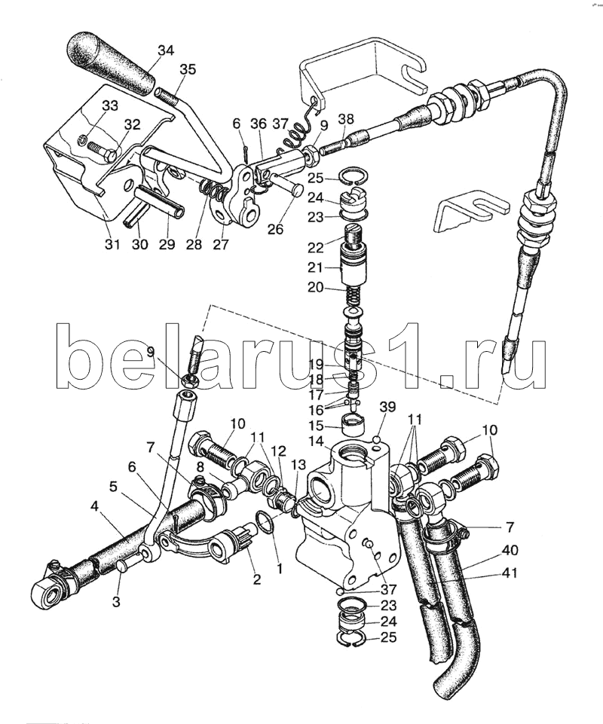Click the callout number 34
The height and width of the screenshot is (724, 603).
(x=165, y=51)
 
